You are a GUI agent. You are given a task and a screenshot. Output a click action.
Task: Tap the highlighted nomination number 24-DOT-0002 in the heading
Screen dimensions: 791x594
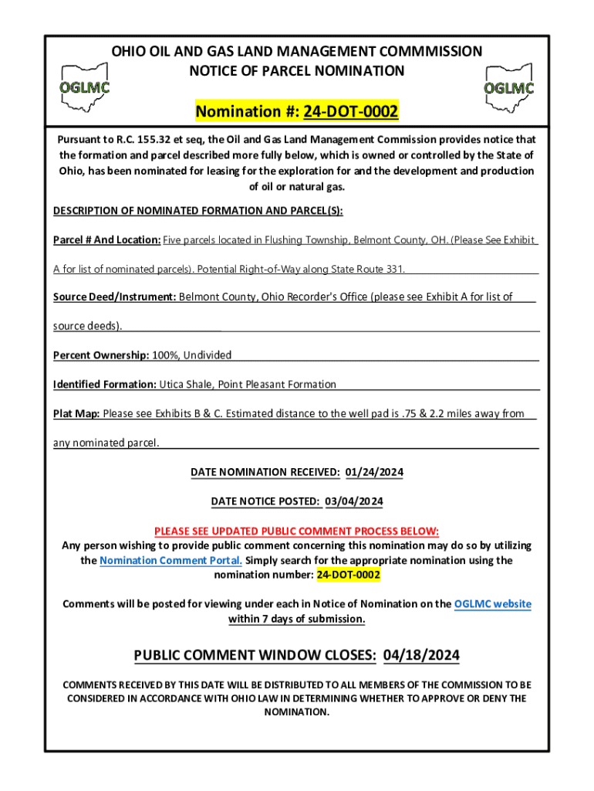click(350, 113)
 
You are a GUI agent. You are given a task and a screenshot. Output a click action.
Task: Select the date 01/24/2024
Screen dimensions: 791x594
click(374, 472)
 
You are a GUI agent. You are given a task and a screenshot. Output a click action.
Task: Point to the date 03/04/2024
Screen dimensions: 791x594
click(354, 501)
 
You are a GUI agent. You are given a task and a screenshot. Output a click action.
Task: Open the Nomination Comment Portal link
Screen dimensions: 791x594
click(170, 561)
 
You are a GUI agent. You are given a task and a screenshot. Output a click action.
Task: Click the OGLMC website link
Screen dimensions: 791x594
click(492, 604)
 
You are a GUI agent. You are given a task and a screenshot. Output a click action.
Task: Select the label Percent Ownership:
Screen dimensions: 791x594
click(101, 355)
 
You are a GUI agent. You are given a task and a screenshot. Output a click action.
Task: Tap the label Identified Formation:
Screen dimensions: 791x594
click(105, 385)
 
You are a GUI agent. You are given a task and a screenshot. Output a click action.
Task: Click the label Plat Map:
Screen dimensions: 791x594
click(76, 414)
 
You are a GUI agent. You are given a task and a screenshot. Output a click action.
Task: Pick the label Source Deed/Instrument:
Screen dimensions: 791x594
click(115, 297)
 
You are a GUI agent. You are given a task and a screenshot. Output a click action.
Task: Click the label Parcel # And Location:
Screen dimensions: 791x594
click(106, 240)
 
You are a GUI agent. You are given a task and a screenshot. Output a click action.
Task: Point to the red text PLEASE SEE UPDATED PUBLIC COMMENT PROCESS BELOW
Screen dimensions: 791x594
click(296, 531)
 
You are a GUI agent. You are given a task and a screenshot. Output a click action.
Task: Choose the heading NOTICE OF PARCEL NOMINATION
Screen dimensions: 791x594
click(297, 71)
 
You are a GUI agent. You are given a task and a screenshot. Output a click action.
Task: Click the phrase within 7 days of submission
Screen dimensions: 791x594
click(296, 620)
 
